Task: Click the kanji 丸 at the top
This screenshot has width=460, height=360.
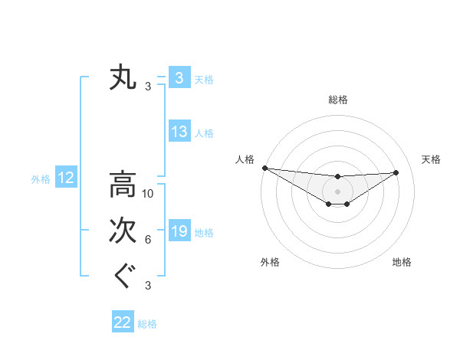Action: [123, 78]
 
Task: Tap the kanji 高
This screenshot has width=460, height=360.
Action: [123, 185]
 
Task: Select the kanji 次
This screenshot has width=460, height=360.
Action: [123, 230]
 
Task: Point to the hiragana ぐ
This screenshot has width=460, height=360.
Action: [123, 274]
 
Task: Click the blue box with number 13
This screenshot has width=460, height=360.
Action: [179, 132]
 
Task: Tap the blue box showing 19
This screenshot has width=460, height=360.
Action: [179, 231]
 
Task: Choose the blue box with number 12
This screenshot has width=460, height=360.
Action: [66, 178]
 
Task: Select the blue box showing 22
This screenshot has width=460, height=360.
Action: [123, 322]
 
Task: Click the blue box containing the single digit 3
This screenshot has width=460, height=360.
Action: [179, 77]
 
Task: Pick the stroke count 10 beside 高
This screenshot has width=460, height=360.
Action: [149, 194]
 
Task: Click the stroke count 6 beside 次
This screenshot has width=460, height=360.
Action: [148, 240]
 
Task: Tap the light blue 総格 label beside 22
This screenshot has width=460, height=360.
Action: [147, 324]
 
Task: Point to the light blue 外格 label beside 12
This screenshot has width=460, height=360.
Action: [41, 179]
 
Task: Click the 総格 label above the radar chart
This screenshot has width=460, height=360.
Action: [337, 100]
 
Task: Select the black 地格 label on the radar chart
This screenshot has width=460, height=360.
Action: [402, 262]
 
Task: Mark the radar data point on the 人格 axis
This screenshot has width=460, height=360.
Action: [264, 168]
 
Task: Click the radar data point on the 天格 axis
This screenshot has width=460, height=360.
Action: [396, 172]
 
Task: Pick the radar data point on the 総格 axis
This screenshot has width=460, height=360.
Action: [337, 177]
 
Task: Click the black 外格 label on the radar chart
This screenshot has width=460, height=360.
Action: [270, 262]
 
